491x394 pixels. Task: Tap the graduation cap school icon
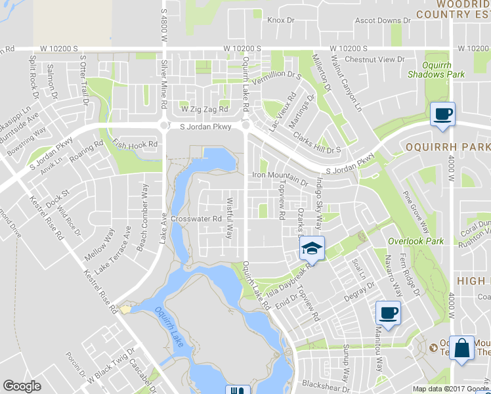tap(312, 248)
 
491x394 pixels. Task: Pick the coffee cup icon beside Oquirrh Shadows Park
tap(442, 114)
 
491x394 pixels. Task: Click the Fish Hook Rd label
tap(136, 144)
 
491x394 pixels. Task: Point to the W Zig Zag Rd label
tap(205, 109)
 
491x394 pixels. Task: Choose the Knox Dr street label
tap(279, 20)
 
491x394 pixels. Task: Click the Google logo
tap(22, 386)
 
